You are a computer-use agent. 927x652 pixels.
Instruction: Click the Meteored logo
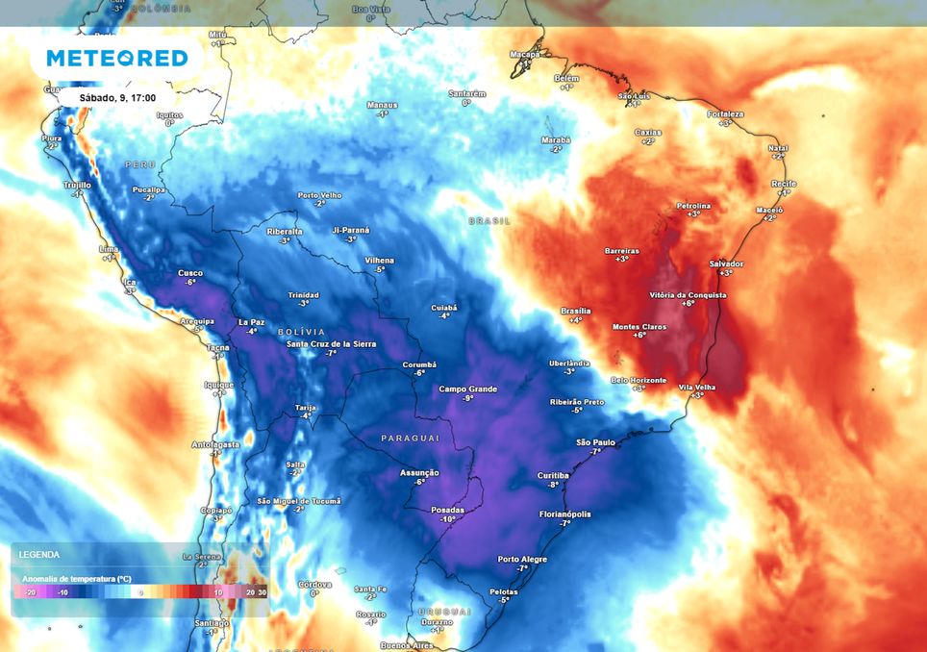tap(116, 59)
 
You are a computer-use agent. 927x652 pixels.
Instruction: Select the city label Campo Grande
tap(468, 389)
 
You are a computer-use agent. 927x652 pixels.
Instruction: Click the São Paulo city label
tap(595, 441)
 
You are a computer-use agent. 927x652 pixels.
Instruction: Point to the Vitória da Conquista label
tap(688, 294)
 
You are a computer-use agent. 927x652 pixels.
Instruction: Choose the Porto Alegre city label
tap(522, 559)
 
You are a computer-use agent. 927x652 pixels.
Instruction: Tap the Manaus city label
tap(382, 104)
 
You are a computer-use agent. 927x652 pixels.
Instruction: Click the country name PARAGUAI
tap(411, 438)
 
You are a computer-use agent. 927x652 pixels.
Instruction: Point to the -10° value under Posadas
tap(447, 519)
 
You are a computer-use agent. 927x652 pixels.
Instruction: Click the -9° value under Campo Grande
tap(468, 398)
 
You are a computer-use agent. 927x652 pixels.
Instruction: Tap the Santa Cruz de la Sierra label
tap(331, 344)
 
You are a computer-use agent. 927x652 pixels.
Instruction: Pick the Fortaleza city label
tap(725, 113)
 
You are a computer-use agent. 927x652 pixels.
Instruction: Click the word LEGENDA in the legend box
tap(38, 555)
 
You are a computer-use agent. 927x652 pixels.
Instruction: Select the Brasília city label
tap(576, 311)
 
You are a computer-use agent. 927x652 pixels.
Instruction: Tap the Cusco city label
tap(190, 272)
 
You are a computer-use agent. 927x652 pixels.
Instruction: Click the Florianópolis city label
tap(565, 514)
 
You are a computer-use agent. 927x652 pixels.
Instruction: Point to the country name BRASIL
tap(489, 220)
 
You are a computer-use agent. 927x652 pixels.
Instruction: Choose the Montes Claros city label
tap(639, 327)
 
